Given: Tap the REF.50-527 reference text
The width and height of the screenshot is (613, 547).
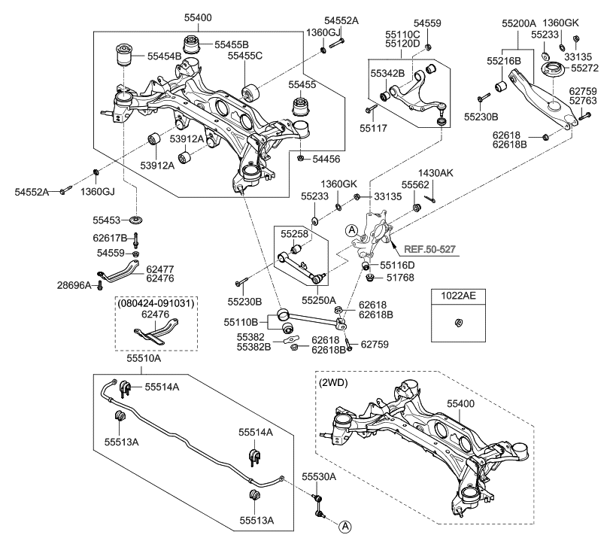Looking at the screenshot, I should tap(429, 248).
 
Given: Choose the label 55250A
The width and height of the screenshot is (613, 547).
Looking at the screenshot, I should tap(319, 299).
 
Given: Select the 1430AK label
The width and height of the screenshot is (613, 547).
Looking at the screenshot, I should tap(436, 173).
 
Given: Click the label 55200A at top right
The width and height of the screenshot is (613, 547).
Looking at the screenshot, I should tap(520, 24).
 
